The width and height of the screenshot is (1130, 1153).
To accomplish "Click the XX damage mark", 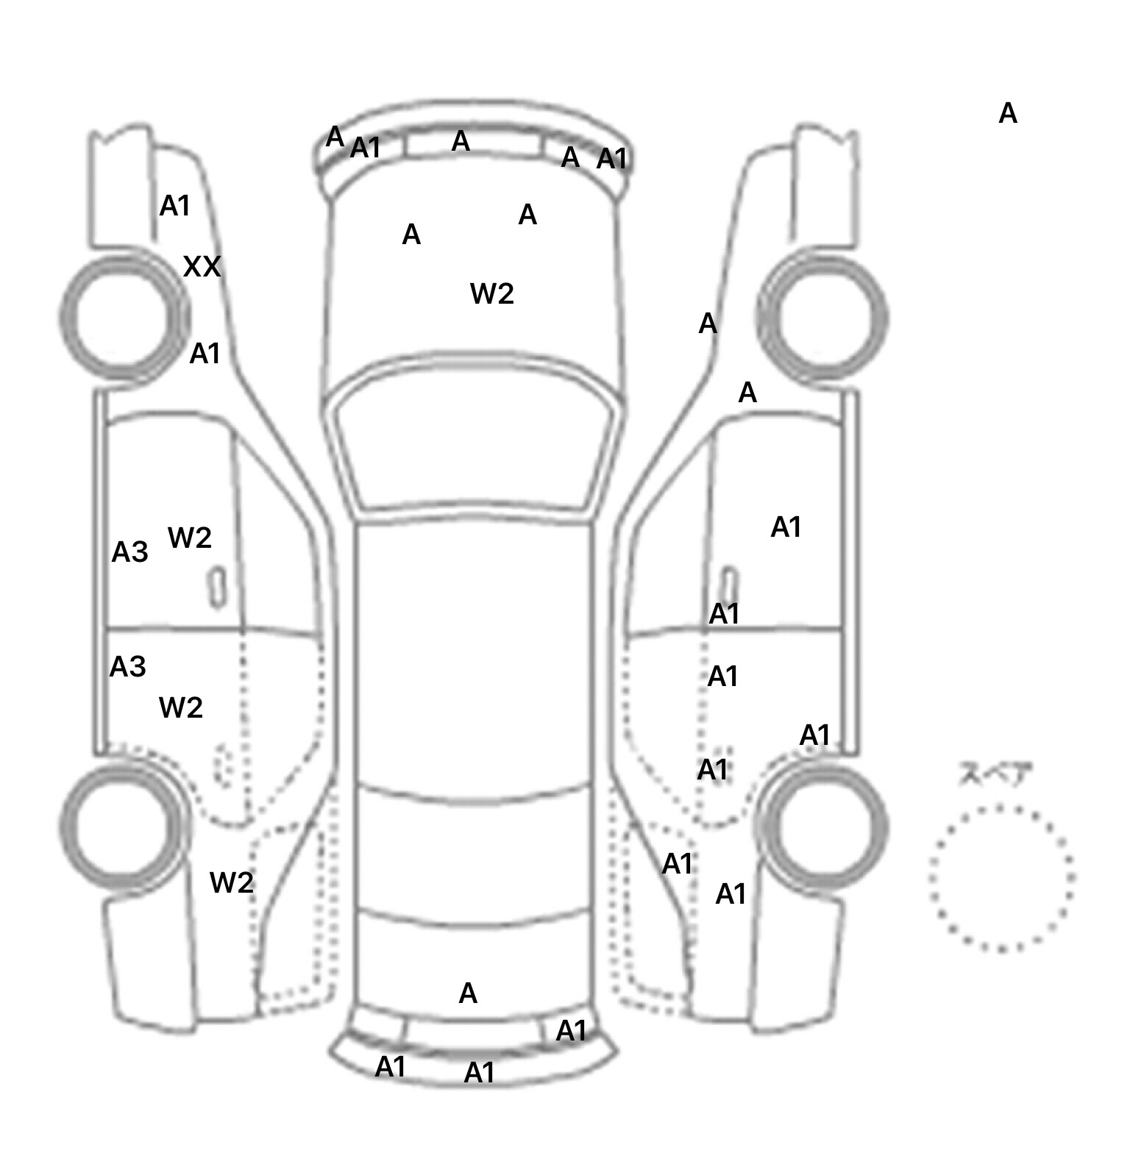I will [202, 266].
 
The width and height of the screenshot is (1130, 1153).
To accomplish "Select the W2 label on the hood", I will [491, 294].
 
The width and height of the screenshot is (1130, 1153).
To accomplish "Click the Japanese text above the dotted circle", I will [995, 774].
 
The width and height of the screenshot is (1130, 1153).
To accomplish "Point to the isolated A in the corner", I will [1008, 114].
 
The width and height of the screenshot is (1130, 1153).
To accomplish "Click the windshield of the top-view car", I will [475, 441].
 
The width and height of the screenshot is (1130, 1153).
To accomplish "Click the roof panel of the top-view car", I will [475, 654].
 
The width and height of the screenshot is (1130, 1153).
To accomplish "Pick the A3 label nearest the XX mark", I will [129, 551].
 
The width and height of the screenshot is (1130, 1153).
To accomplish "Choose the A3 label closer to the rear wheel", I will [127, 667].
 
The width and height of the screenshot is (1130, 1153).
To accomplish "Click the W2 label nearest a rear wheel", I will [231, 882].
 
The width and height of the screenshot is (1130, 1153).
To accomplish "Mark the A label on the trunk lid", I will [468, 993].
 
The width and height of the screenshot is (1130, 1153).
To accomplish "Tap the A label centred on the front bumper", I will [461, 141].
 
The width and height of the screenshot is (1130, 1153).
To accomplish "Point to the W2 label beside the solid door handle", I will [190, 538].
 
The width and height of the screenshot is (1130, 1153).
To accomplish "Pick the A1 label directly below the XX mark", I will [205, 354].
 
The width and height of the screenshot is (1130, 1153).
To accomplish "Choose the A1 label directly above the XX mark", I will [175, 206].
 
